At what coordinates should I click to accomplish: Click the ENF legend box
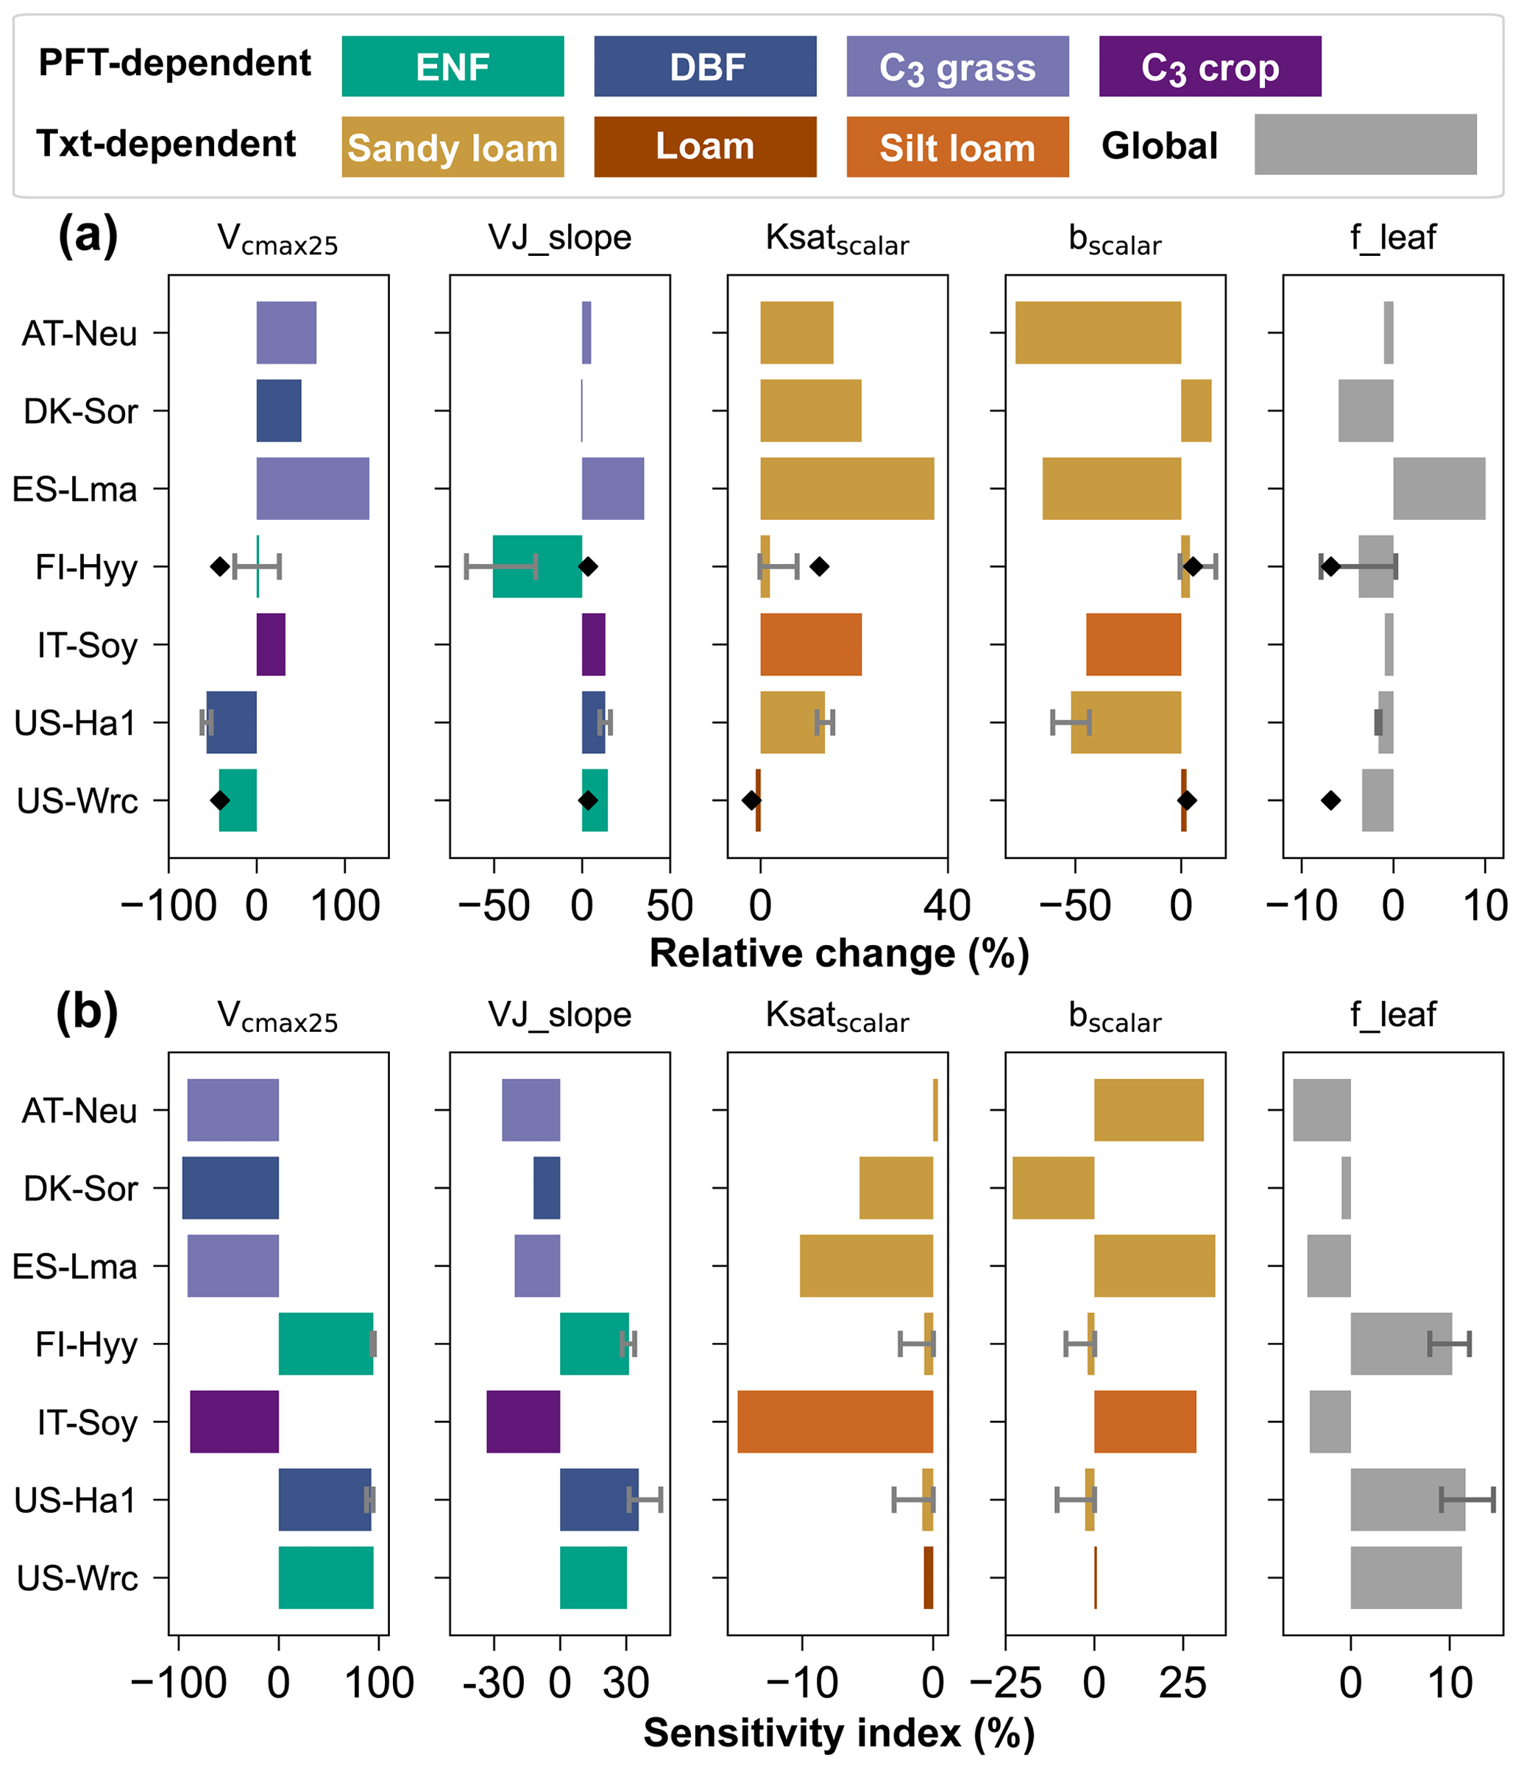tap(453, 66)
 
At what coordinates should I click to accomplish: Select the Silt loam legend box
tap(957, 148)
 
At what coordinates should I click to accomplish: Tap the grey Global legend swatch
tap(1365, 145)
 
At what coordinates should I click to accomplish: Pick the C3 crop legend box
tap(1210, 66)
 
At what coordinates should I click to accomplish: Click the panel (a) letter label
tap(87, 235)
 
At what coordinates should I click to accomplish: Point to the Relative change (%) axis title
tap(839, 954)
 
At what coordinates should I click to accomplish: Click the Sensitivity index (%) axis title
tap(839, 1733)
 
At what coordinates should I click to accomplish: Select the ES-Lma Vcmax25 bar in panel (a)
tap(313, 489)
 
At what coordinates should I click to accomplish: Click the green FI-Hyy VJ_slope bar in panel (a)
tap(537, 566)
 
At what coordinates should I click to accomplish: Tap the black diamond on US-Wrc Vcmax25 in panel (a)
tap(220, 800)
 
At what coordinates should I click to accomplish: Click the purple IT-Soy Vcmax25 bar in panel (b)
tap(234, 1422)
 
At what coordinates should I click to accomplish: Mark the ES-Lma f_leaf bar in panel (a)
tap(1439, 489)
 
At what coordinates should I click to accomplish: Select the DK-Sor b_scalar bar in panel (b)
tap(1052, 1188)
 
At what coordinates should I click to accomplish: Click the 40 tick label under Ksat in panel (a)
tap(946, 906)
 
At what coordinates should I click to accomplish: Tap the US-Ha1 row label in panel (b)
tap(75, 1500)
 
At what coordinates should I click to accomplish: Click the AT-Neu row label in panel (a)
tap(79, 332)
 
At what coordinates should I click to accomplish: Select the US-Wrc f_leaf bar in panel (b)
tap(1405, 1578)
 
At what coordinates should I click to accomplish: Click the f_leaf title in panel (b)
tap(1393, 1015)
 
